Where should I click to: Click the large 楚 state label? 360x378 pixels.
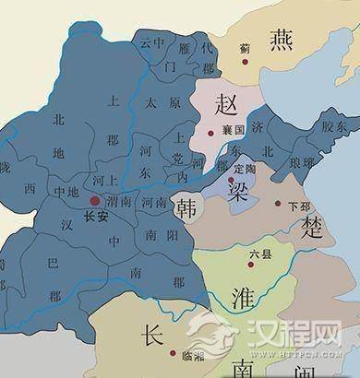tap(314, 228)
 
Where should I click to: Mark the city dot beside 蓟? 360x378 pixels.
tap(246, 63)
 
